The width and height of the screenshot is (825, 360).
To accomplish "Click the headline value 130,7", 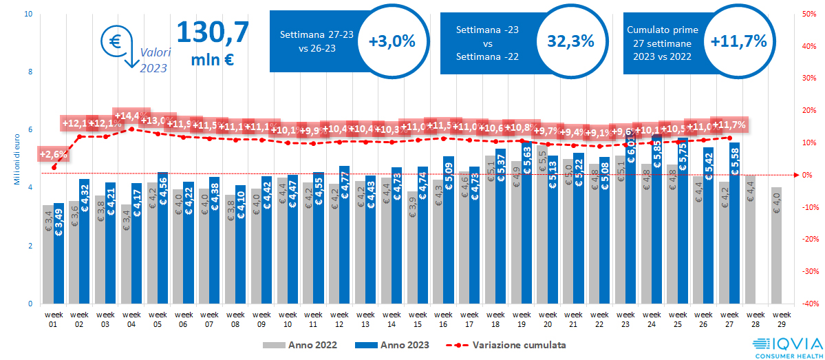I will pyautogui.click(x=213, y=32).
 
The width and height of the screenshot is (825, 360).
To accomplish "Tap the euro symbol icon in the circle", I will pyautogui.click(x=114, y=41).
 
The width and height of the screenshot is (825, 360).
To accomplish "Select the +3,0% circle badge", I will pyautogui.click(x=392, y=41).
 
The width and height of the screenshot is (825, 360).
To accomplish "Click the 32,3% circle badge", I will pyautogui.click(x=570, y=41).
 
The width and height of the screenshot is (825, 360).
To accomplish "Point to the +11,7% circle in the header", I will pyautogui.click(x=738, y=41).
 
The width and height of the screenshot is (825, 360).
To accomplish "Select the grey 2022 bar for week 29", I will pyautogui.click(x=776, y=245).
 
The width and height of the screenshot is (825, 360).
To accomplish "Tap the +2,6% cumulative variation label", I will pyautogui.click(x=52, y=153).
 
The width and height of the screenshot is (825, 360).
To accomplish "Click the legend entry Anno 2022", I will pyautogui.click(x=300, y=344).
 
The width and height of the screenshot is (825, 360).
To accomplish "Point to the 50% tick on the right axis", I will pyautogui.click(x=808, y=13).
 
